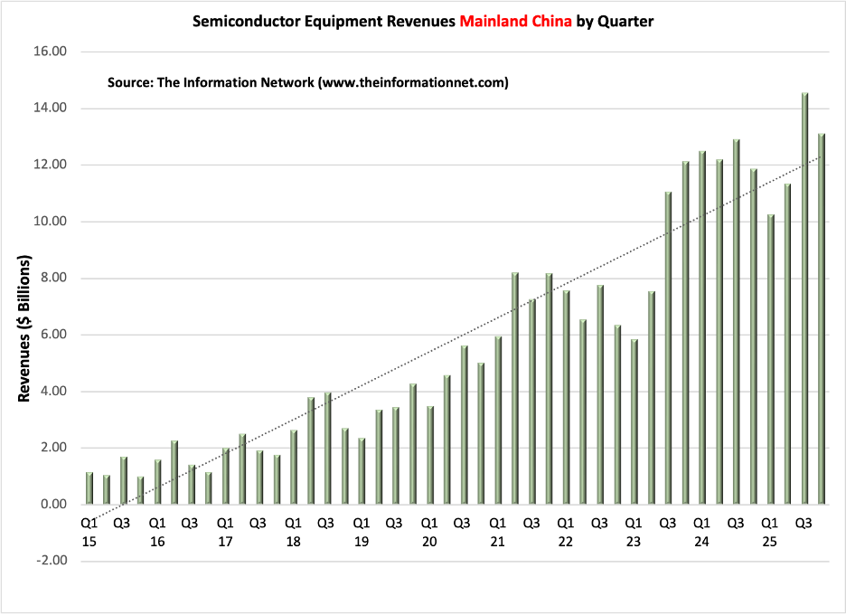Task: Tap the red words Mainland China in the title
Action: (515, 22)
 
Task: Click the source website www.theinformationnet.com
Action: (413, 82)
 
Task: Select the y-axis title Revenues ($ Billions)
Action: (23, 327)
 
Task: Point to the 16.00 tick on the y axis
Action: (51, 52)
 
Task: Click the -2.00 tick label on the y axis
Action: (52, 561)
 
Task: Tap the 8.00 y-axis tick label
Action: (53, 278)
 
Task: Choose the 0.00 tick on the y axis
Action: (53, 504)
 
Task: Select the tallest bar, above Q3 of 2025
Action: (804, 298)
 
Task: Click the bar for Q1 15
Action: (89, 488)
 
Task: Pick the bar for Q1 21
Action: (498, 420)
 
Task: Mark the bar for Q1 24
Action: (702, 327)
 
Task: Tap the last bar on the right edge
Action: (822, 318)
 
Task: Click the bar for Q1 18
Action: (294, 467)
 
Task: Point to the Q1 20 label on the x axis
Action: (429, 533)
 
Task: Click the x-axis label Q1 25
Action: (769, 533)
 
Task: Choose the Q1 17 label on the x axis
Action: (225, 533)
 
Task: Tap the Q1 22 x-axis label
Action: (566, 533)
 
